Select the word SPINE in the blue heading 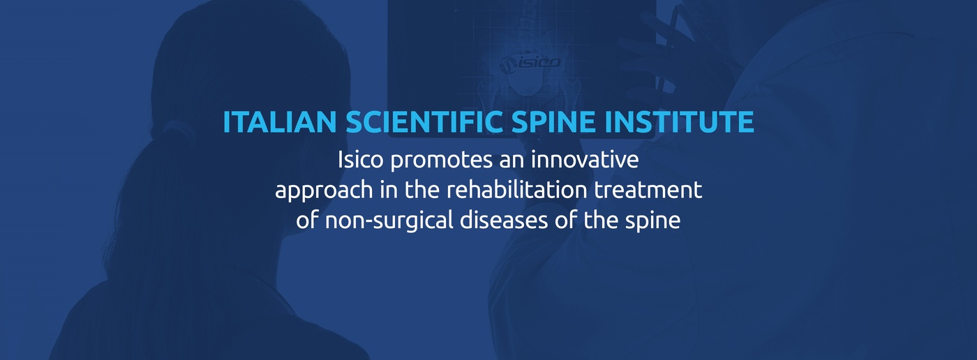[553, 121]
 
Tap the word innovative [585, 160]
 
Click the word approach [324, 191]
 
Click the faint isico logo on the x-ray [530, 63]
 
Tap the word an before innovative [512, 162]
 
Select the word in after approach [389, 190]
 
